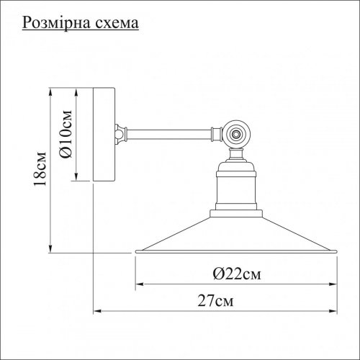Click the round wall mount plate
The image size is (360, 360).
coord(102,135)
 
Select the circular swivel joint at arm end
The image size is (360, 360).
coord(234,134)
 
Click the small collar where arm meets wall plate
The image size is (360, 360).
coord(118,132)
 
